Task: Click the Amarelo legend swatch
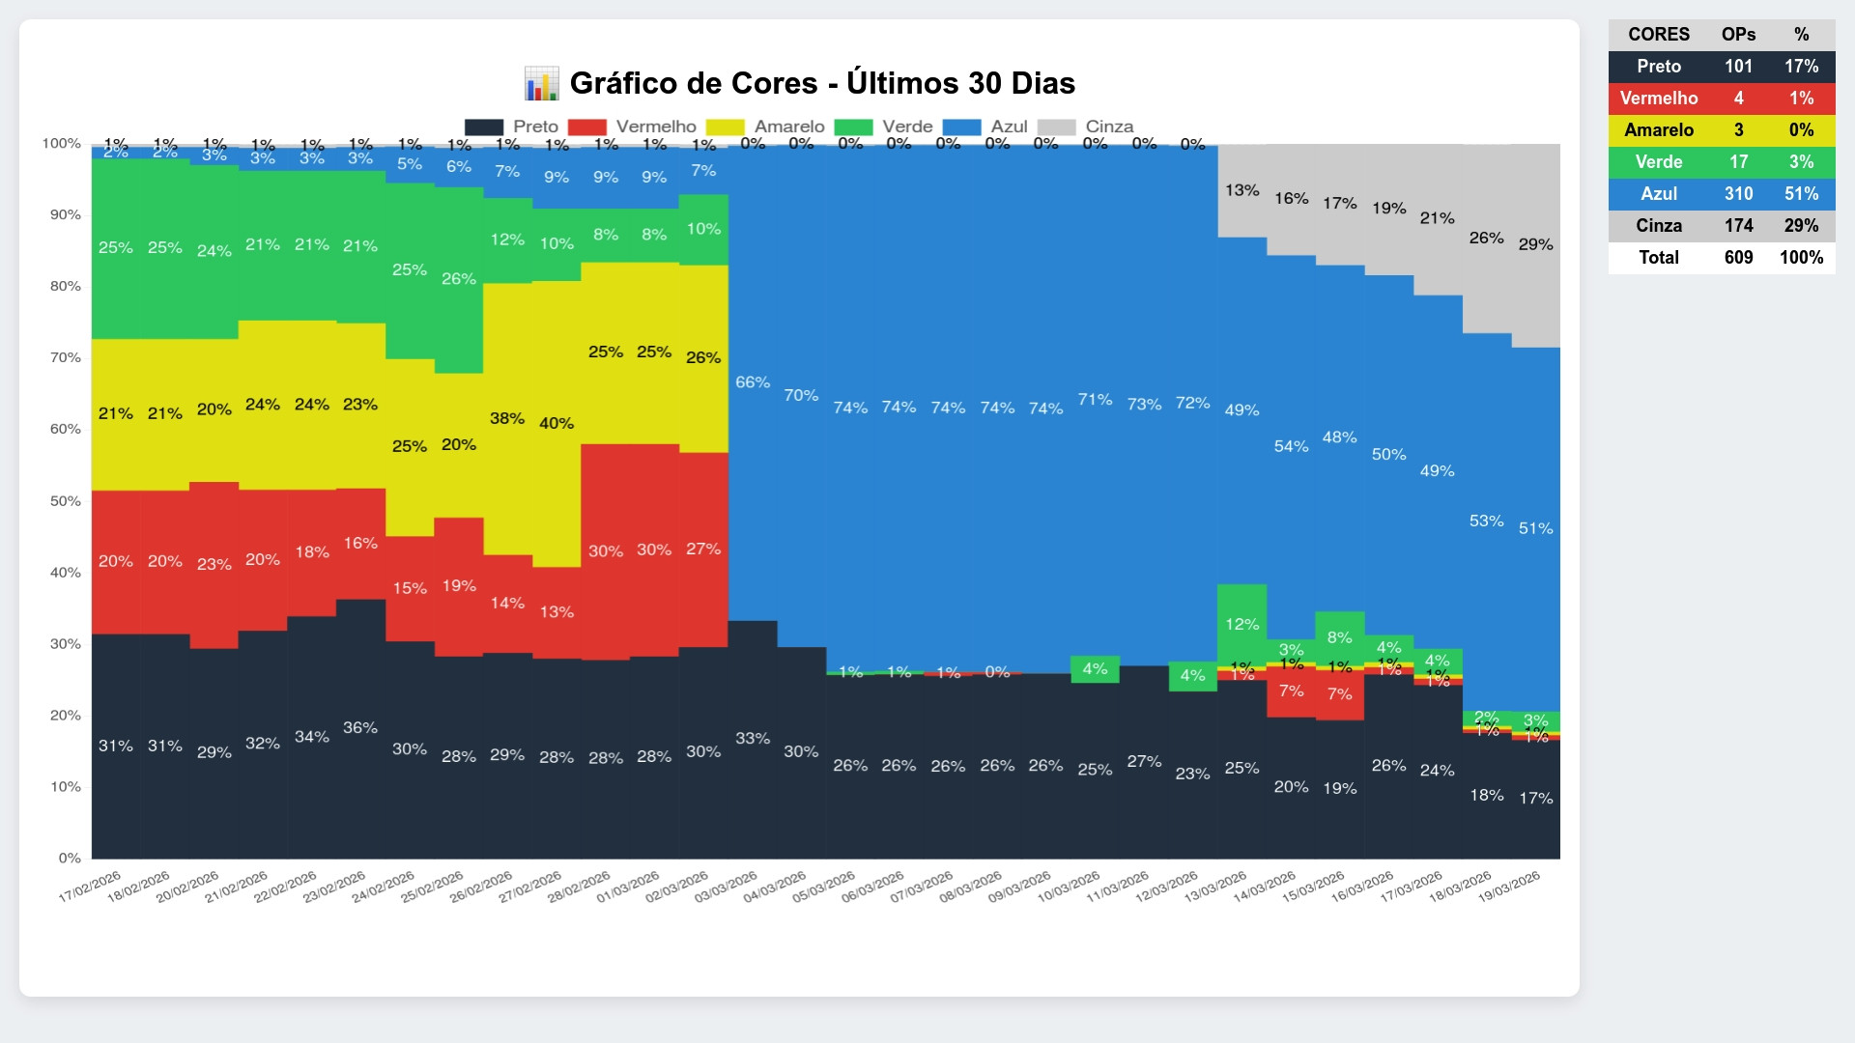point(725,127)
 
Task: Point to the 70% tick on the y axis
point(66,357)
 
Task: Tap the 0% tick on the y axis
point(70,858)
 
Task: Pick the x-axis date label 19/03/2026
point(1509,887)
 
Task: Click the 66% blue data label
point(753,382)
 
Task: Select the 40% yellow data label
point(556,423)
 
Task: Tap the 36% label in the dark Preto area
point(360,728)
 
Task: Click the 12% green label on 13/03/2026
point(1241,625)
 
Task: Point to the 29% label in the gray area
point(1535,244)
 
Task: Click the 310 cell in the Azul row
point(1738,193)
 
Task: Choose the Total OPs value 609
point(1738,257)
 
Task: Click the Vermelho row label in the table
point(1659,98)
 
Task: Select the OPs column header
point(1738,34)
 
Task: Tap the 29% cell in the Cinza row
point(1801,225)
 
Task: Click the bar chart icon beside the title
point(541,84)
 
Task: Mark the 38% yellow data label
point(507,418)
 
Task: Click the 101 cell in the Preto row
point(1738,66)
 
